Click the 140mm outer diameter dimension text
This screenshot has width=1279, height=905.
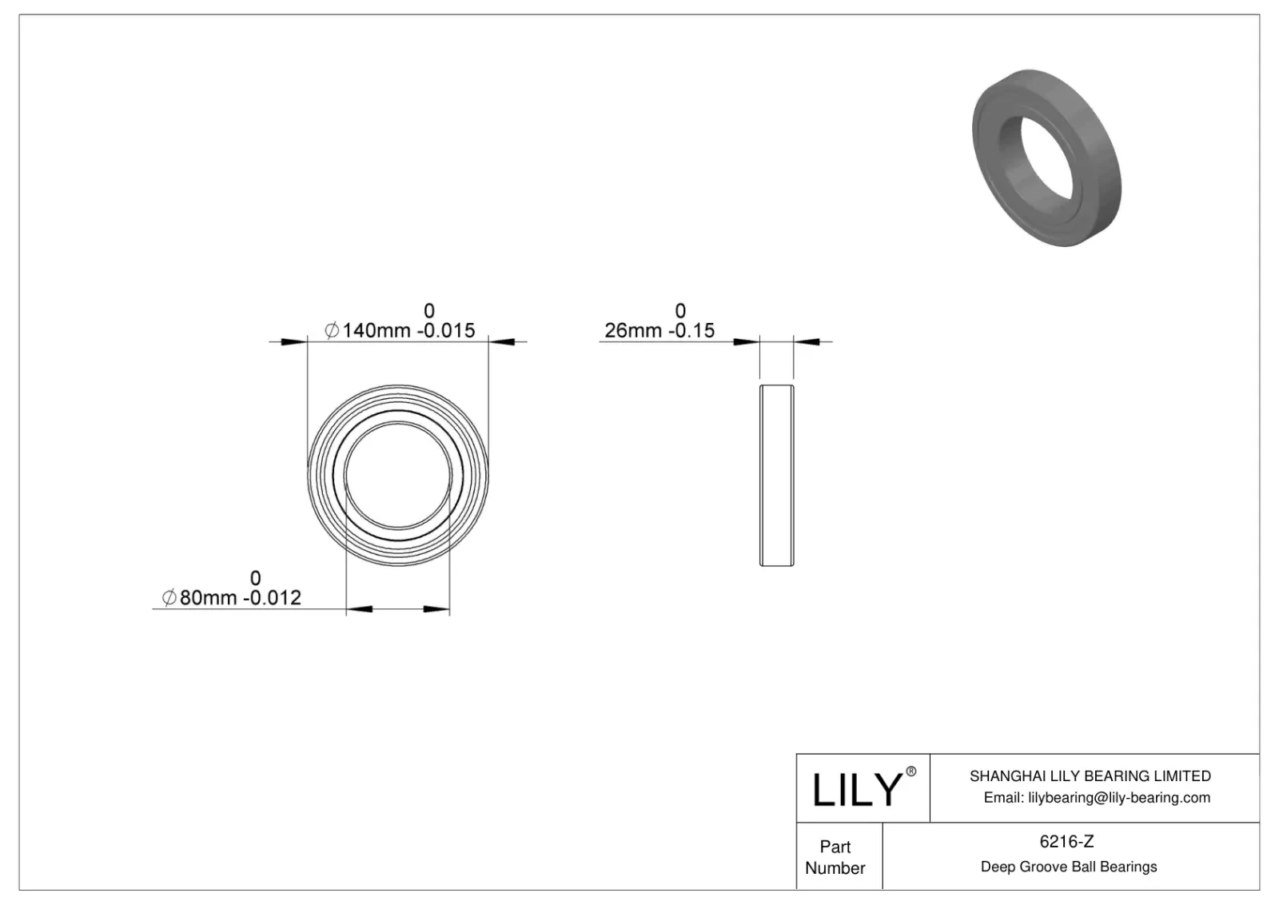pyautogui.click(x=376, y=330)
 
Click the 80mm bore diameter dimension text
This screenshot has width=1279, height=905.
pyautogui.click(x=209, y=597)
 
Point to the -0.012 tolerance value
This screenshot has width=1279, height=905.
pyautogui.click(x=273, y=597)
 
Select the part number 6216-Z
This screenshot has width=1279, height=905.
pyautogui.click(x=1067, y=841)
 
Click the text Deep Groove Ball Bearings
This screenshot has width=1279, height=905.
pyautogui.click(x=1068, y=867)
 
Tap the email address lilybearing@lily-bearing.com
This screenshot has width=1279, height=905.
pyautogui.click(x=1097, y=797)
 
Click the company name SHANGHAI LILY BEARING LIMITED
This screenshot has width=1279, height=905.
pyautogui.click(x=1090, y=775)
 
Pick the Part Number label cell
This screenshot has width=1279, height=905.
pyautogui.click(x=835, y=857)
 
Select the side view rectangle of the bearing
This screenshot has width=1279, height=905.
pyautogui.click(x=776, y=476)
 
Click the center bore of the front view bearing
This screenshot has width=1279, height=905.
pyautogui.click(x=397, y=476)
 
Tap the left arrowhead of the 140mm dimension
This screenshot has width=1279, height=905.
pyautogui.click(x=294, y=343)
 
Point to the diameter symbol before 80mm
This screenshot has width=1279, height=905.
pyautogui.click(x=169, y=597)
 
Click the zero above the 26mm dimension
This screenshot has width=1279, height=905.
pyautogui.click(x=680, y=311)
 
